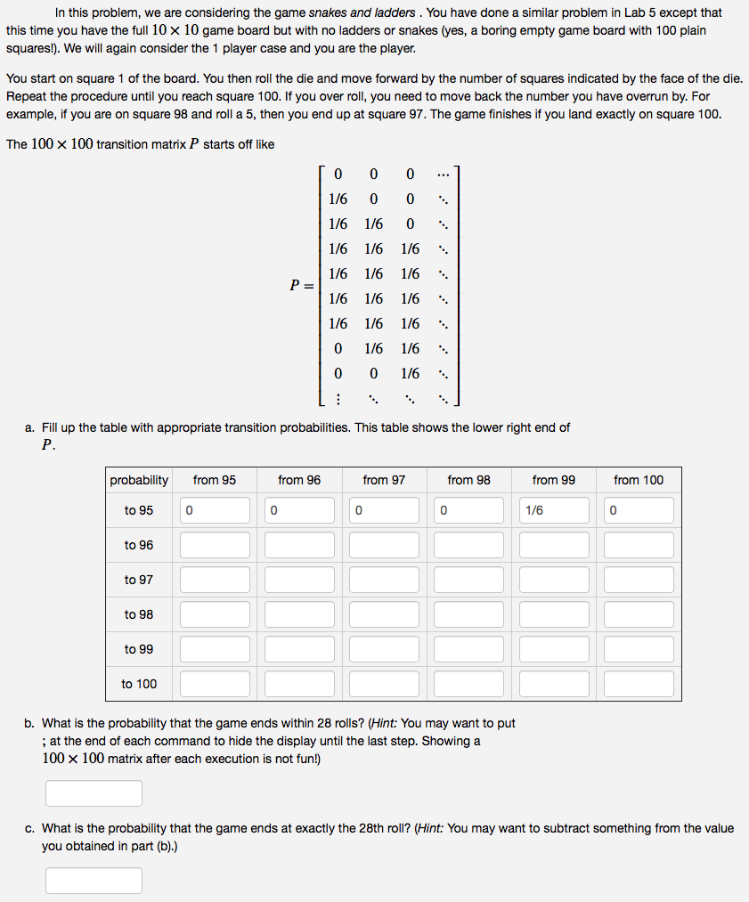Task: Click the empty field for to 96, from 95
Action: [x=215, y=545]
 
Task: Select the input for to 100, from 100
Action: [x=639, y=684]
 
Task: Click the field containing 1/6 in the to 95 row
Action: [x=554, y=510]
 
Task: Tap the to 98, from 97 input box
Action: [x=384, y=614]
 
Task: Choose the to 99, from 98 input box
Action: [x=469, y=649]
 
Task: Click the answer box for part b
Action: [x=94, y=793]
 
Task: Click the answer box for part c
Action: [x=94, y=881]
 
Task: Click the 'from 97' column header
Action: [x=384, y=480]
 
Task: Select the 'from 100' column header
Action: [x=639, y=480]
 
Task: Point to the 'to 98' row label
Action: [x=138, y=614]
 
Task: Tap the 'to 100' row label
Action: [x=138, y=684]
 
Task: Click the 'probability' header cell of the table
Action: [x=139, y=480]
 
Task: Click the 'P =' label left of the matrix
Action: [x=302, y=285]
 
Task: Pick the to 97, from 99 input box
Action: [x=554, y=580]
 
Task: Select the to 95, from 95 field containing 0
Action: [x=215, y=510]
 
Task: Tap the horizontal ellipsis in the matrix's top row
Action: [x=444, y=174]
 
